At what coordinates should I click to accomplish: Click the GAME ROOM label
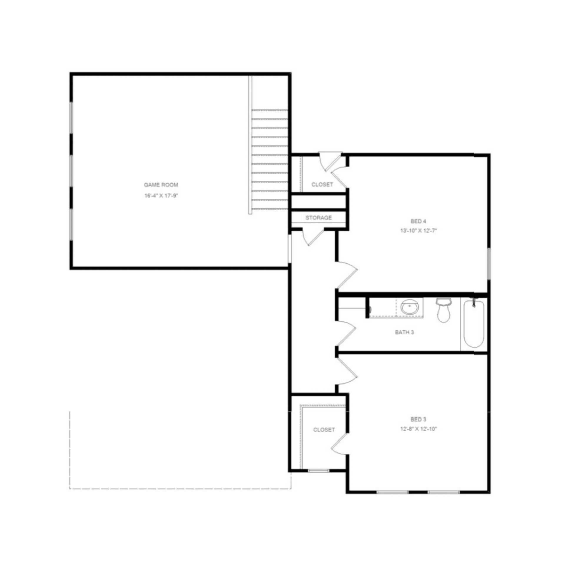pyautogui.click(x=161, y=185)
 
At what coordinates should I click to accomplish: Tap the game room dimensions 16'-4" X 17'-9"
pyautogui.click(x=161, y=196)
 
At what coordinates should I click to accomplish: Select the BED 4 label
pyautogui.click(x=418, y=221)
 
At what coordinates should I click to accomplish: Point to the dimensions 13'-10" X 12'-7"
pyautogui.click(x=418, y=231)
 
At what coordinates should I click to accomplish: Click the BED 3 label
pyautogui.click(x=418, y=419)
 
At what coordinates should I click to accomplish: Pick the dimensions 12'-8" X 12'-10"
pyautogui.click(x=418, y=429)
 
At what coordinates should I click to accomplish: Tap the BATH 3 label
pyautogui.click(x=404, y=332)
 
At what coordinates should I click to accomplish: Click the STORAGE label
pyautogui.click(x=318, y=218)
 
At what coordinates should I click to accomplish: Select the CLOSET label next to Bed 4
pyautogui.click(x=322, y=185)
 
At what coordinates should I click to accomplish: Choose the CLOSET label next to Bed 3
pyautogui.click(x=324, y=430)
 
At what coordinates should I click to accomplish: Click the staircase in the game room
pyautogui.click(x=269, y=159)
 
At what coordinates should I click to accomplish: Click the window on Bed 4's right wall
pyautogui.click(x=489, y=264)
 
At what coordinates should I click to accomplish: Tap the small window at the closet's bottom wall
pyautogui.click(x=318, y=471)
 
